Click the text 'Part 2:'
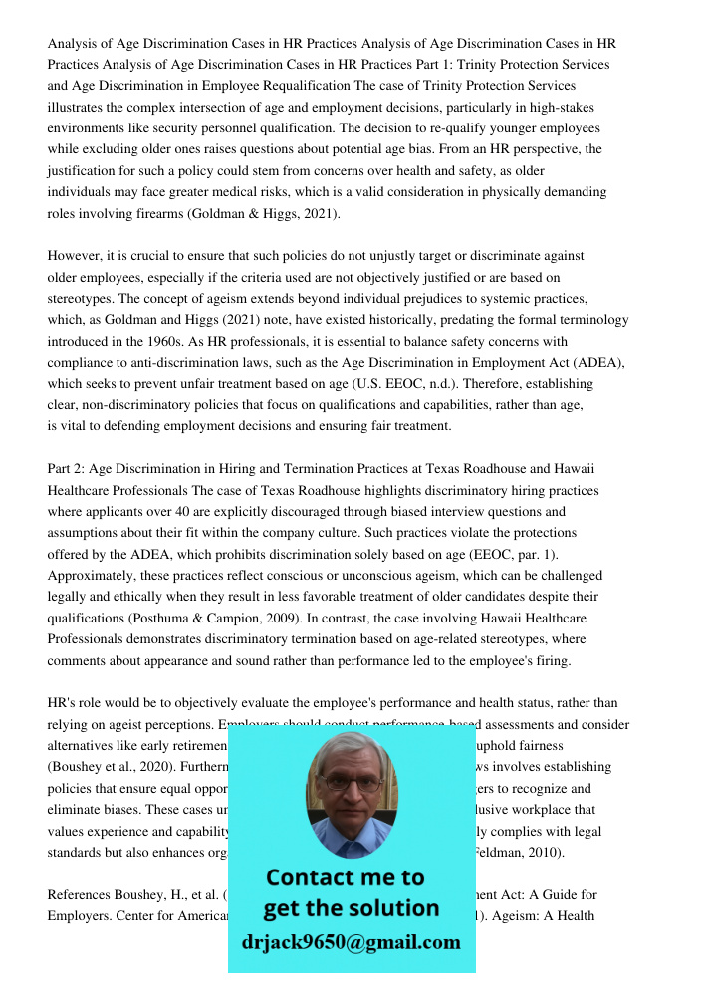tap(70, 469)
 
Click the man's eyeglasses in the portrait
tap(351, 781)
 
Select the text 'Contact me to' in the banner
tap(346, 877)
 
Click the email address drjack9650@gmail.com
tap(352, 942)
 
